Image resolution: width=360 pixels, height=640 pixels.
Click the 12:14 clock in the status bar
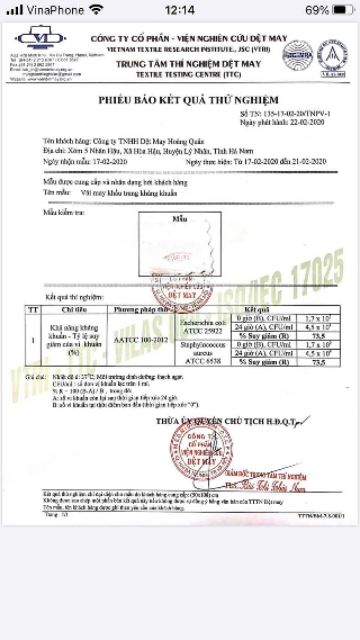[180, 9]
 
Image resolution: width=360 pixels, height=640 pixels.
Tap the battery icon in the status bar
[340, 9]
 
